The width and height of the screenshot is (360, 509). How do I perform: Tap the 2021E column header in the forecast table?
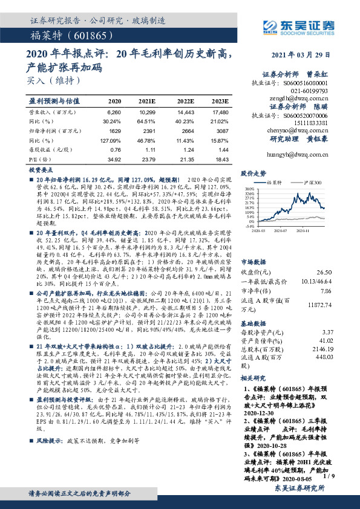click(x=148, y=101)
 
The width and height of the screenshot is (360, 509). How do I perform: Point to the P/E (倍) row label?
click(x=37, y=158)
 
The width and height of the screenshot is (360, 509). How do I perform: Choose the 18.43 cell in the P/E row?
click(x=221, y=158)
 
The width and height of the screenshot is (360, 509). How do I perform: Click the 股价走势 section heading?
click(x=253, y=173)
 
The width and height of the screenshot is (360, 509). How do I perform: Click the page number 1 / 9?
click(x=329, y=476)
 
